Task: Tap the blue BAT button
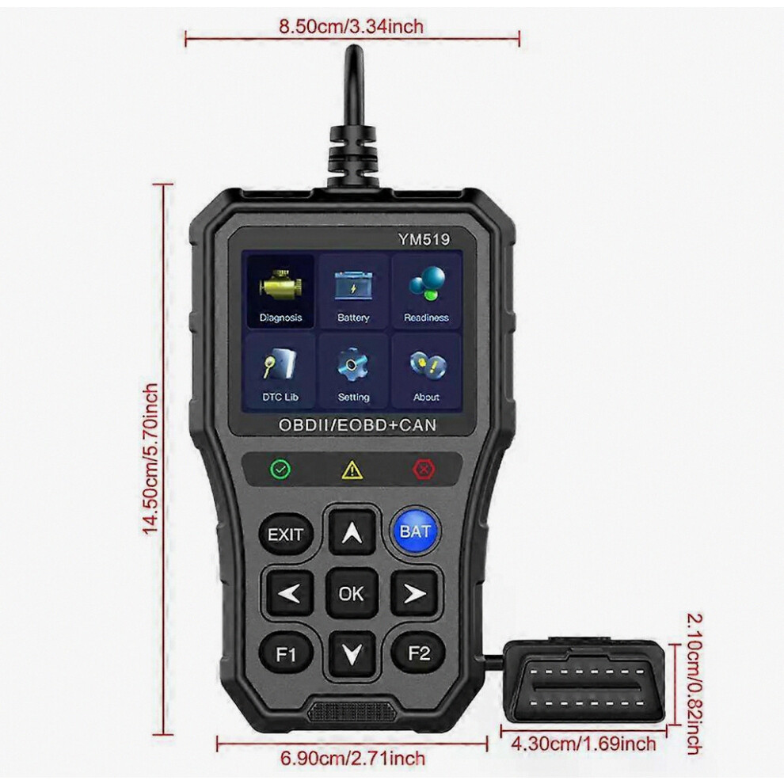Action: click(415, 531)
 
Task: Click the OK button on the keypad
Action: click(352, 593)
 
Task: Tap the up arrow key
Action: click(352, 532)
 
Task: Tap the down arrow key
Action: click(352, 653)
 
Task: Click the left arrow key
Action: click(288, 594)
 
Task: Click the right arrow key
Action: click(415, 594)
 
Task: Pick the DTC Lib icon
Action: click(280, 371)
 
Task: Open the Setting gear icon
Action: click(353, 371)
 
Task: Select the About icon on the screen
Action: click(426, 371)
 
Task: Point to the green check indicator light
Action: click(280, 469)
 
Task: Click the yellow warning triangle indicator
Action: click(352, 470)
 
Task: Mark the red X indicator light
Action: click(424, 470)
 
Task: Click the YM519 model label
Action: click(424, 239)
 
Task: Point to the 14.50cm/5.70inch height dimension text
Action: click(150, 459)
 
